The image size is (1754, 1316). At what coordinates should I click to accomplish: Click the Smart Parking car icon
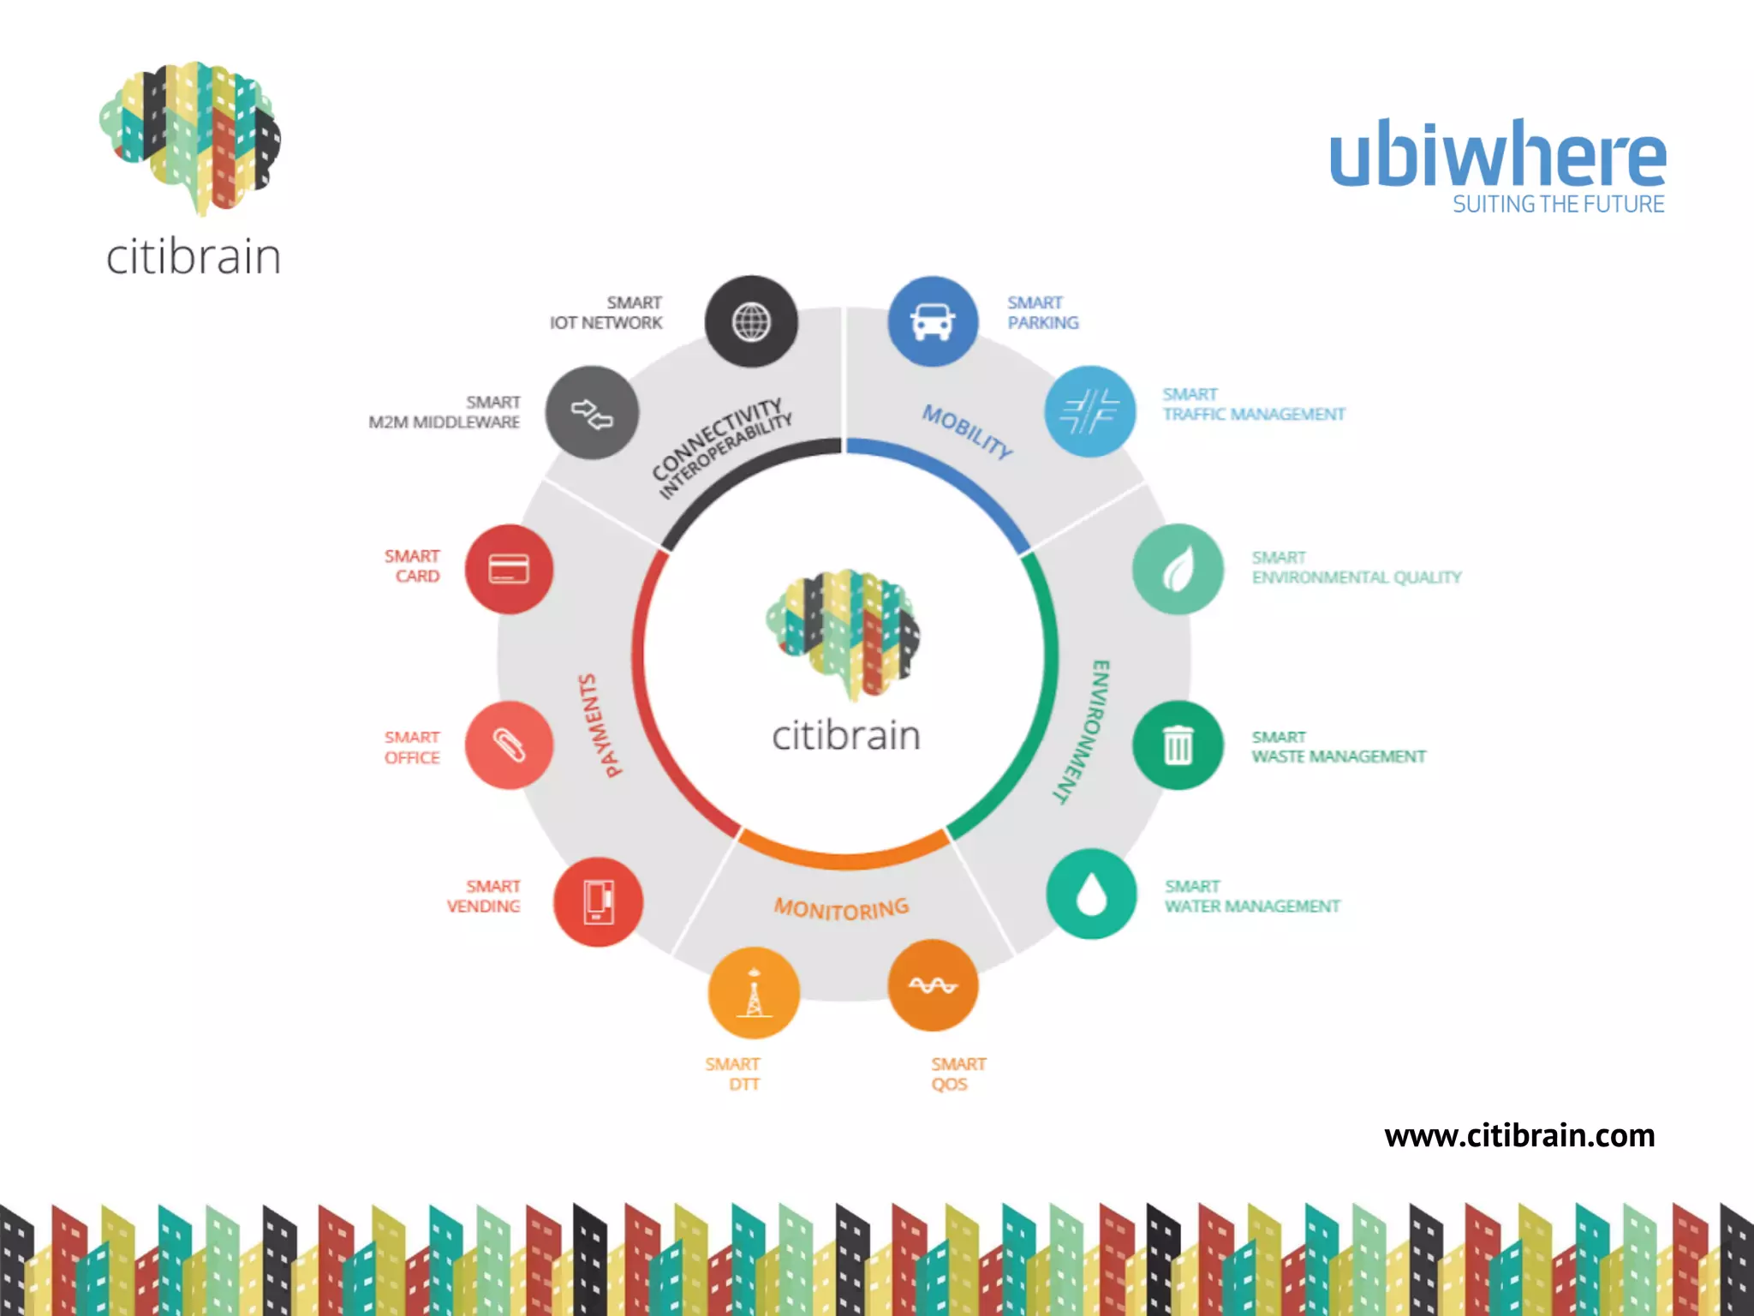click(933, 321)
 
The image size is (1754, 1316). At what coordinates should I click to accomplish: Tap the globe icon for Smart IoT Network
click(751, 322)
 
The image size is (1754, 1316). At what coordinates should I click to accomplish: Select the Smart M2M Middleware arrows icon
click(592, 413)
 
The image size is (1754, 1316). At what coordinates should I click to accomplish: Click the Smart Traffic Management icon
click(1089, 411)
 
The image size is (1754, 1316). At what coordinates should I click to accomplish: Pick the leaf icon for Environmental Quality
click(1178, 569)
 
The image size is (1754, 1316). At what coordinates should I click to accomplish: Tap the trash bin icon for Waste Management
click(1178, 745)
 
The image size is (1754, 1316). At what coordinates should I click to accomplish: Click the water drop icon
click(1091, 894)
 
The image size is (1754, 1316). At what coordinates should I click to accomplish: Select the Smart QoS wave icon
click(933, 985)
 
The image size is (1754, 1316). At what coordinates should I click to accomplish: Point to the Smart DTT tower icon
click(754, 993)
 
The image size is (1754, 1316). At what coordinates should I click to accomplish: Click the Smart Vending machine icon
click(598, 902)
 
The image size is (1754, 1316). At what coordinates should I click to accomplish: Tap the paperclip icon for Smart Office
click(509, 745)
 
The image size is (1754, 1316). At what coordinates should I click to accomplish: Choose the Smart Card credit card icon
click(509, 569)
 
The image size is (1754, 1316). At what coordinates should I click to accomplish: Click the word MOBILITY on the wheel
click(967, 431)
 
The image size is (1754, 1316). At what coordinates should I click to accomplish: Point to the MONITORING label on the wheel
click(841, 908)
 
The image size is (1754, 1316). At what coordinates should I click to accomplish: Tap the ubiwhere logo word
click(1497, 154)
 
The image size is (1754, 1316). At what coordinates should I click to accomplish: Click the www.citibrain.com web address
click(1519, 1136)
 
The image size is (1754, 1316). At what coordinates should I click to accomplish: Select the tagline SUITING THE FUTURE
click(1558, 205)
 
